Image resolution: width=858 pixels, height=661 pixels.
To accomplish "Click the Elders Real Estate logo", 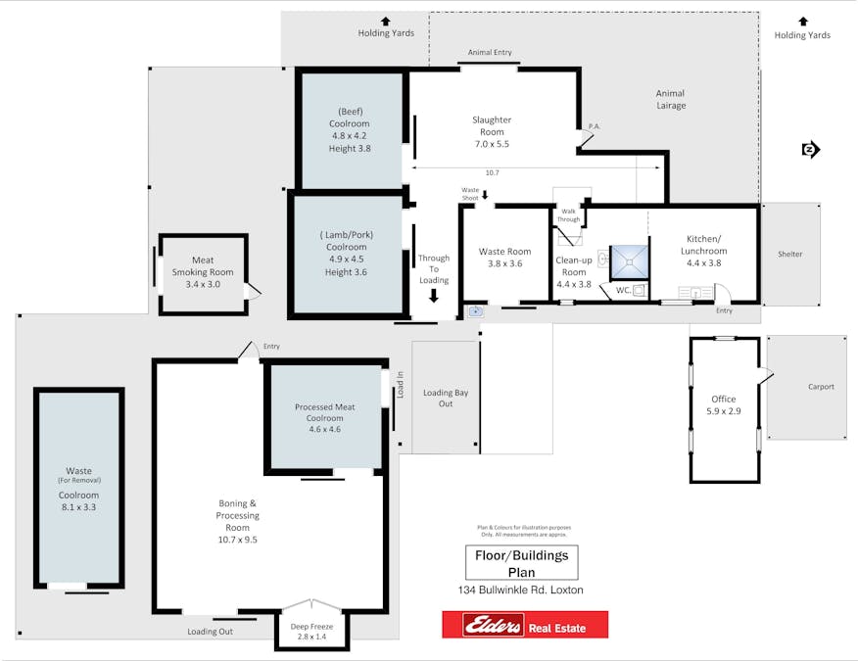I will (524, 625).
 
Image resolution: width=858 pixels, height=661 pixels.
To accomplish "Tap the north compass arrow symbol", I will (810, 150).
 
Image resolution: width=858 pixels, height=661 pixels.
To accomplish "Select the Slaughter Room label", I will (491, 131).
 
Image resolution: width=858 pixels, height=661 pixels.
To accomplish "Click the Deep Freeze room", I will (312, 631).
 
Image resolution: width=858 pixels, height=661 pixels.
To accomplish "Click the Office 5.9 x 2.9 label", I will (724, 405).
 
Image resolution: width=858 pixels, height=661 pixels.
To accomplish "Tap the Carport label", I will (821, 387).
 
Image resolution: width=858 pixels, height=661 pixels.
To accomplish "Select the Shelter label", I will (789, 255).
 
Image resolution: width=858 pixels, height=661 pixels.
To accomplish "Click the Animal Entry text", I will (490, 53).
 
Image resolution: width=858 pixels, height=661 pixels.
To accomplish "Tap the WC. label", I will (623, 290).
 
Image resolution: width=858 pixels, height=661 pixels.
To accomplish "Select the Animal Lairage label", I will (671, 100).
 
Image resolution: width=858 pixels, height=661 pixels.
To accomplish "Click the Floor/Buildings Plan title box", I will (520, 563).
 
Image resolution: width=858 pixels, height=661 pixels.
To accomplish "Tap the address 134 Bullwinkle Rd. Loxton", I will (520, 590).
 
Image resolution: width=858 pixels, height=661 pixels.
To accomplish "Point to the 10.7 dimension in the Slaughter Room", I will (492, 173).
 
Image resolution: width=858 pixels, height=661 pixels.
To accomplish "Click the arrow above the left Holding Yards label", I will (386, 20).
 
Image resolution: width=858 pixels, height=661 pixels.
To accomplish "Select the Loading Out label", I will (211, 632).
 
